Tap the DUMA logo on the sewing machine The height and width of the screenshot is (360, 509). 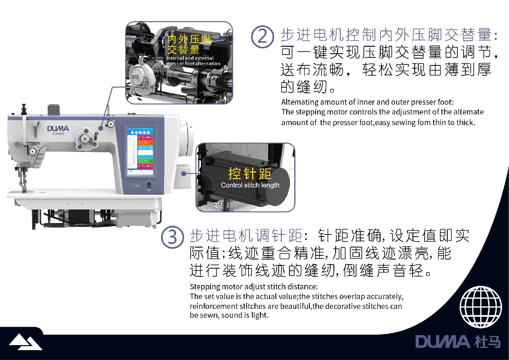(58, 128)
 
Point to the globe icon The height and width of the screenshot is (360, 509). (481, 307)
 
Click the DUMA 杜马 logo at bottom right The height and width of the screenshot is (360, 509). (458, 342)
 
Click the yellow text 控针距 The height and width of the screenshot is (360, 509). (250, 173)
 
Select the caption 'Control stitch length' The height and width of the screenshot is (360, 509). (250, 185)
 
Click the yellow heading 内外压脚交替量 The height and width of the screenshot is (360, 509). (189, 44)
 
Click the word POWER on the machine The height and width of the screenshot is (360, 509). (58, 134)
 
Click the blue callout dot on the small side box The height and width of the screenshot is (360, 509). (184, 173)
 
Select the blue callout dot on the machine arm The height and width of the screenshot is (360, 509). (101, 128)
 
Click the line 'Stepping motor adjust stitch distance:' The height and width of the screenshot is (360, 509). (254, 287)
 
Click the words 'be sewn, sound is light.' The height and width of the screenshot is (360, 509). (229, 315)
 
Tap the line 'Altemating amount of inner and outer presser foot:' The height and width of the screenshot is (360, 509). (367, 102)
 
